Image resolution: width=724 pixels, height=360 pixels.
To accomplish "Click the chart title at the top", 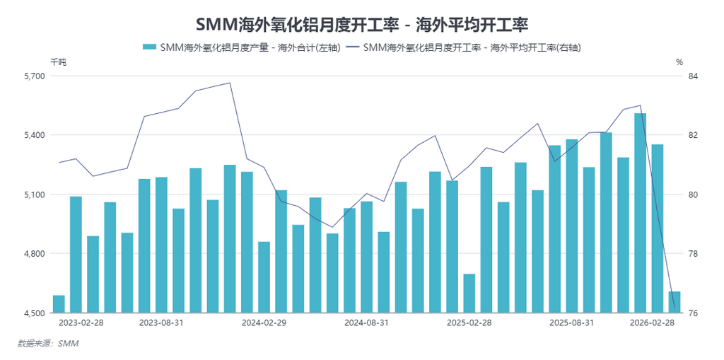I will point(362,25).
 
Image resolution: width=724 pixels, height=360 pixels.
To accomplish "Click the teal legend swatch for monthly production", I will point(149,47).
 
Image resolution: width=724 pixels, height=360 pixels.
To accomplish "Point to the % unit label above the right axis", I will point(679,62).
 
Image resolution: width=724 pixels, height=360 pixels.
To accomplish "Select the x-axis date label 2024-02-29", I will point(264,323).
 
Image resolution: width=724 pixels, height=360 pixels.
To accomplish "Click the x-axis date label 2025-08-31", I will point(571,323).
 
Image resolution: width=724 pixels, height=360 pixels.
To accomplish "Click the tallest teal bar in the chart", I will point(641,212).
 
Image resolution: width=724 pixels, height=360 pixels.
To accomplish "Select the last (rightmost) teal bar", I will point(675,302).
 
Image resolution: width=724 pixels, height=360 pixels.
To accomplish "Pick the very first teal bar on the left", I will point(59,304).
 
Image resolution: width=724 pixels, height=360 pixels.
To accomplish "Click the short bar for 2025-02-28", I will point(469,294).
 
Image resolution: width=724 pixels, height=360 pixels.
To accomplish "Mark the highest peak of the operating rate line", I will point(229,83).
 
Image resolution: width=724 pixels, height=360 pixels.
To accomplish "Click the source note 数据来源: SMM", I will point(48,344).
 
